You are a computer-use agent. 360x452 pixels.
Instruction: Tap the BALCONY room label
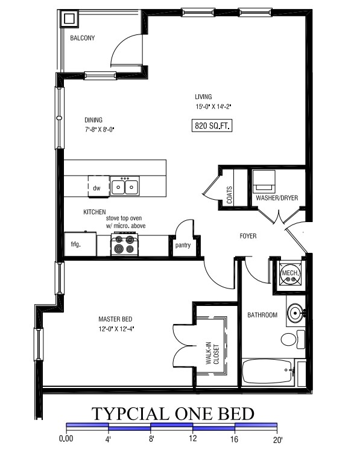click(82, 38)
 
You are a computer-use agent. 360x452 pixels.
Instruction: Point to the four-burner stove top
click(125, 245)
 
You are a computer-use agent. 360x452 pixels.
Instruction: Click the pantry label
click(183, 246)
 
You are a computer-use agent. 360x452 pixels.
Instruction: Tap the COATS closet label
click(230, 195)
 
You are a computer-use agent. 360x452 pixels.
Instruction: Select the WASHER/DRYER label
click(277, 198)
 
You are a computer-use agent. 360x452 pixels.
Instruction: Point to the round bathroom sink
click(295, 313)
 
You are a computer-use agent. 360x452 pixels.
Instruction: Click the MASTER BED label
click(115, 319)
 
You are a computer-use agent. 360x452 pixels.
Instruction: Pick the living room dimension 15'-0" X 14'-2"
click(213, 106)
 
